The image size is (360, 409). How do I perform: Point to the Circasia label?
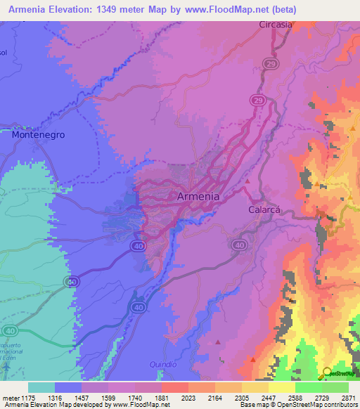pyautogui.click(x=276, y=24)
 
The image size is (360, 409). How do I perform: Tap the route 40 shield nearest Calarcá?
pyautogui.click(x=239, y=245)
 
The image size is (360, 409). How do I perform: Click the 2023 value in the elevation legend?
pyautogui.click(x=188, y=397)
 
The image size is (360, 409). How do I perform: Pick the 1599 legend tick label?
pyautogui.click(x=108, y=397)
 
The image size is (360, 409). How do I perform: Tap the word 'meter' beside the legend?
pyautogui.click(x=12, y=397)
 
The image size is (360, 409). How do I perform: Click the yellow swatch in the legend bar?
pyautogui.click(x=281, y=387)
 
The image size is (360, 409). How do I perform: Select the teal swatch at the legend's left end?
pyautogui.click(x=41, y=387)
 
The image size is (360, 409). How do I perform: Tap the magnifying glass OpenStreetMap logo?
pyautogui.click(x=328, y=373)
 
